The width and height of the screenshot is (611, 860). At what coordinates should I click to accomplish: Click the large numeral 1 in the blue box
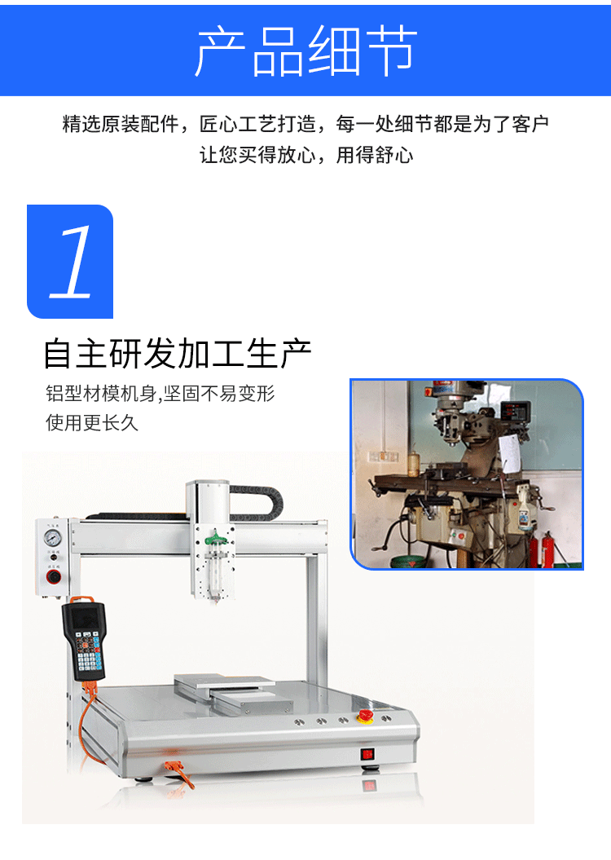pos(71,262)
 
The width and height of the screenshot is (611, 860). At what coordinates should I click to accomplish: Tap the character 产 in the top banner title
pos(221,51)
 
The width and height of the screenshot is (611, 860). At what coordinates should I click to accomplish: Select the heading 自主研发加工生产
pos(177,355)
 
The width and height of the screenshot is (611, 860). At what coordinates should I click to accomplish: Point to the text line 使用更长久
pos(92,423)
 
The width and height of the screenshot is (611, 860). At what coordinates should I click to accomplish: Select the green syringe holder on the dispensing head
pos(213,538)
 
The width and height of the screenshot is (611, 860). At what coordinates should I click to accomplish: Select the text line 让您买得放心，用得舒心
pos(306,155)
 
